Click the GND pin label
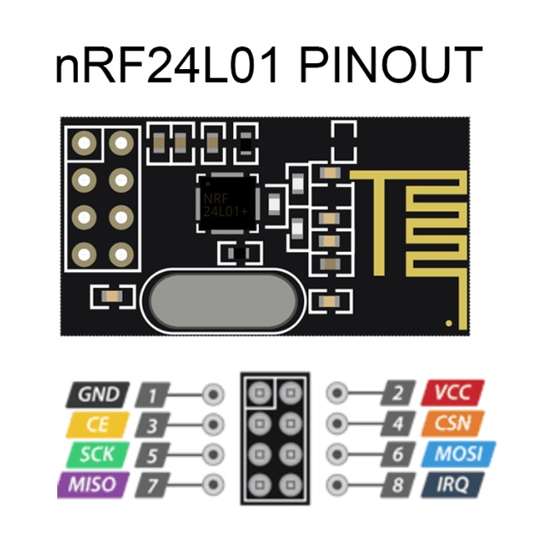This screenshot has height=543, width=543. (97, 394)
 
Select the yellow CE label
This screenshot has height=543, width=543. (97, 423)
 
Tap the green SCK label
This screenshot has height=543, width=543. (97, 453)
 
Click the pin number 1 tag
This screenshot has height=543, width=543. (154, 395)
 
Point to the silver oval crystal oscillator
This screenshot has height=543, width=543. (223, 301)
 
